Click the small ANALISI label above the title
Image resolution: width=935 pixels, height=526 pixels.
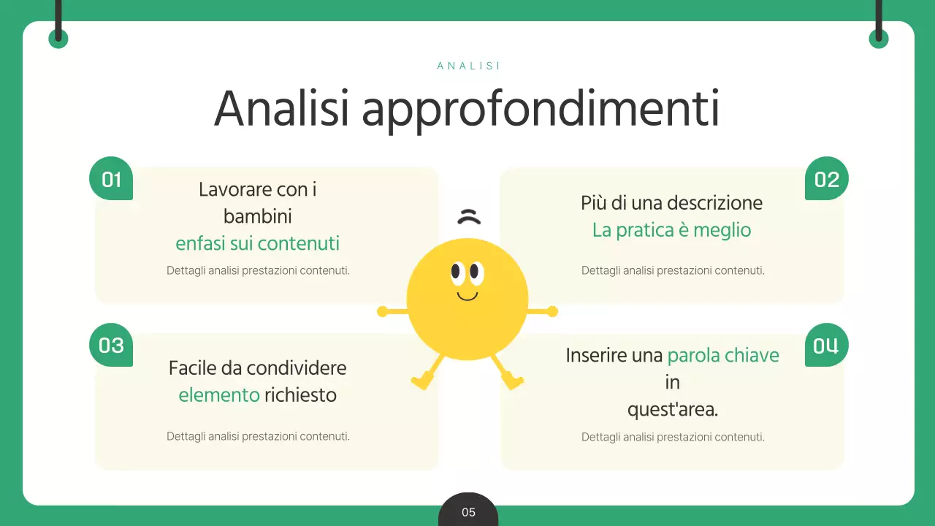tap(468, 66)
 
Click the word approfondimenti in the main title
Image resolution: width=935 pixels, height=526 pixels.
tap(541, 110)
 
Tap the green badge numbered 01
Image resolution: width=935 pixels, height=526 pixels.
tap(111, 179)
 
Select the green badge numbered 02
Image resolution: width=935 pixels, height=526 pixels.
tap(826, 179)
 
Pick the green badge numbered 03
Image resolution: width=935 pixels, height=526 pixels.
tap(111, 345)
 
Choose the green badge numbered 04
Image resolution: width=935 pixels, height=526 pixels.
tap(826, 346)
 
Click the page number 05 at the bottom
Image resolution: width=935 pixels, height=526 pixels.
tap(468, 512)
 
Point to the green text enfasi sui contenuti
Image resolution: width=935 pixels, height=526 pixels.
tap(257, 243)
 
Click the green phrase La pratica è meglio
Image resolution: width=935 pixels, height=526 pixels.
tap(671, 230)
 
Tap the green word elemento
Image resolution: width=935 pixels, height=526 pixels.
tap(219, 395)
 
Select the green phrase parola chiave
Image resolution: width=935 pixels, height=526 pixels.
tap(723, 356)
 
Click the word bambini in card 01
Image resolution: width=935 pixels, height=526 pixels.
tap(257, 216)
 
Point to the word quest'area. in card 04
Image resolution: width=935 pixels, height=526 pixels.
tap(672, 410)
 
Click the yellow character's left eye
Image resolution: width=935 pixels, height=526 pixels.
tap(457, 272)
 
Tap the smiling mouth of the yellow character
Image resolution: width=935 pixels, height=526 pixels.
tap(467, 296)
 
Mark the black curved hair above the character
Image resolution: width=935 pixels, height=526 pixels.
tap(469, 216)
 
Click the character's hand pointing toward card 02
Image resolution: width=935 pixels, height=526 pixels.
tap(552, 312)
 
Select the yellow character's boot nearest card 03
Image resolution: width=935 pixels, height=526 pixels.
tap(422, 380)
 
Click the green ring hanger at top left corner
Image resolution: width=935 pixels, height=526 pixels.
tap(58, 39)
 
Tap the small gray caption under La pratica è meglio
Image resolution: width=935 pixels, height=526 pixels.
tap(672, 270)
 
